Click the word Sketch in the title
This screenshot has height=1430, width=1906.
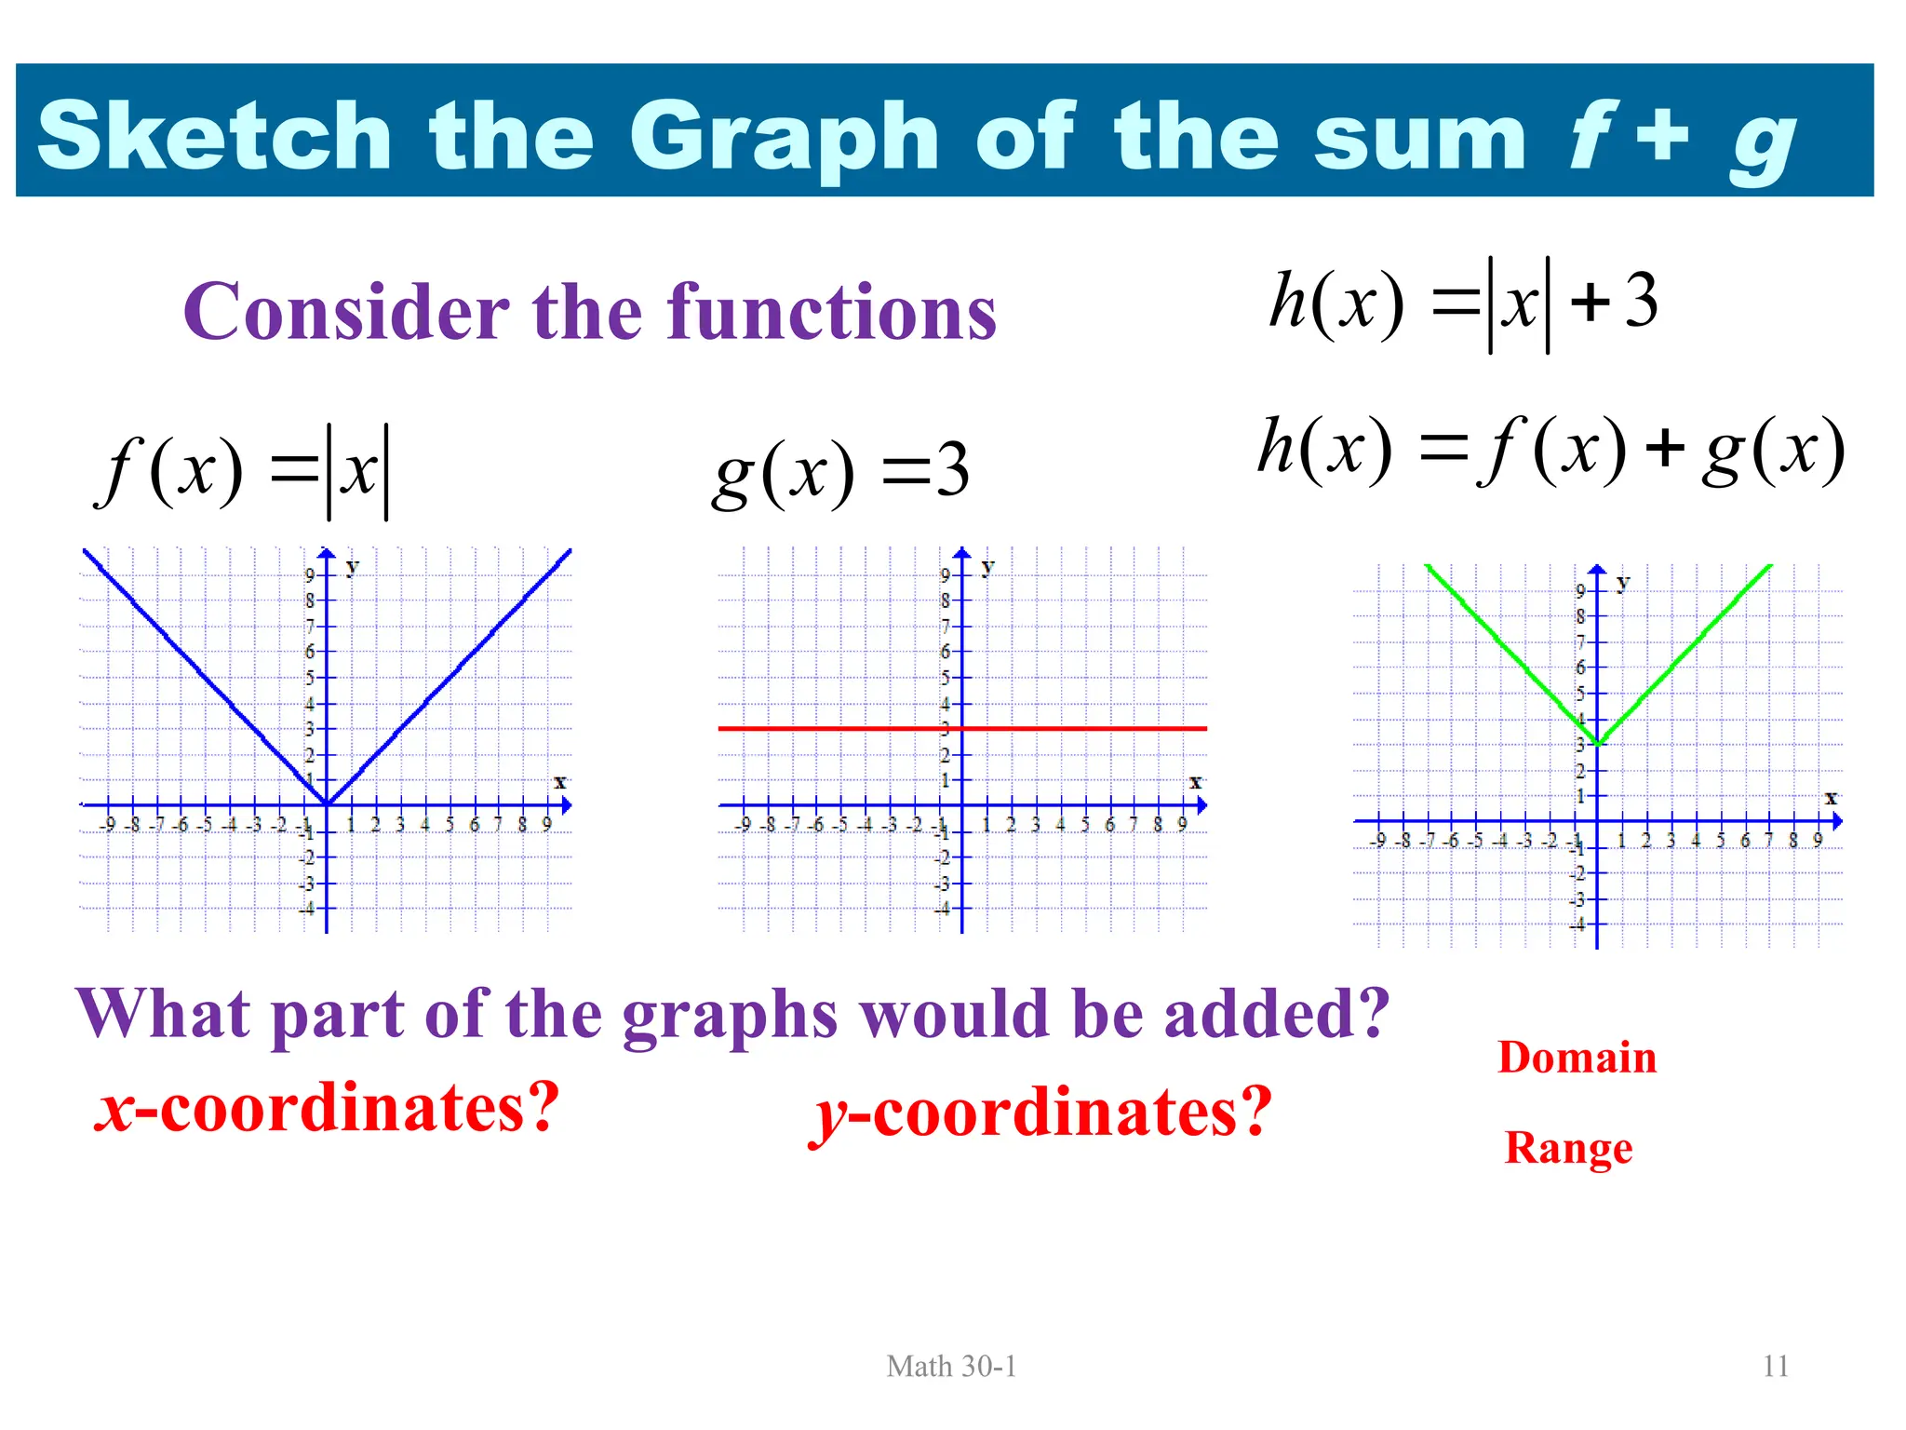(x=214, y=136)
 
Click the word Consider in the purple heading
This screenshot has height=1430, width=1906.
(x=346, y=312)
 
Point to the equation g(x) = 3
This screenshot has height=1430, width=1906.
(x=840, y=472)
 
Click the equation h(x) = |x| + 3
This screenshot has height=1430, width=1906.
(x=1464, y=304)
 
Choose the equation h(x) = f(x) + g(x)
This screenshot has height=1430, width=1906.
(x=1550, y=451)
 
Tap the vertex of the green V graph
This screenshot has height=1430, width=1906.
(x=1597, y=744)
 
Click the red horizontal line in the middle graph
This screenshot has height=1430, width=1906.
(x=1070, y=728)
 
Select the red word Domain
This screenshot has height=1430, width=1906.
(x=1577, y=1058)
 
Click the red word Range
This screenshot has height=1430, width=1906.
(x=1568, y=1147)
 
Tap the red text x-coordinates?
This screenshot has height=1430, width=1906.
(x=328, y=1108)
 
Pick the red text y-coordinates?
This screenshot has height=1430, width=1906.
(x=1040, y=1113)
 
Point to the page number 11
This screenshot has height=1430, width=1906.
(x=1776, y=1366)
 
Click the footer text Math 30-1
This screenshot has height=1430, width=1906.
(x=951, y=1366)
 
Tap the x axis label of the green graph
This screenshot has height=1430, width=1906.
(x=1831, y=798)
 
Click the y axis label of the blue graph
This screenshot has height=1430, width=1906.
(x=352, y=566)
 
